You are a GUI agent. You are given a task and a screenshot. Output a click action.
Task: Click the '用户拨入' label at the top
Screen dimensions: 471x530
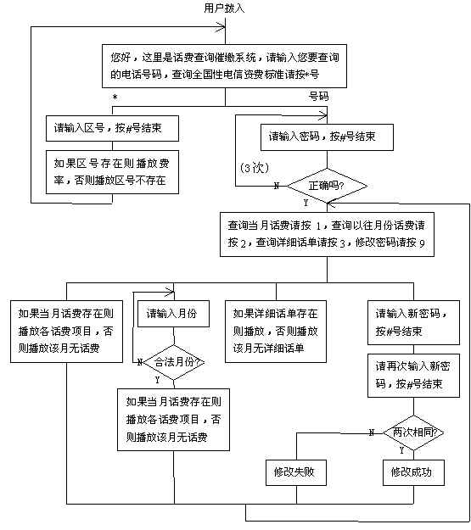[x=224, y=8]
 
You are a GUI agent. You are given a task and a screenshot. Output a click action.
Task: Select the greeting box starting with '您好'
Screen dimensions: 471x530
[x=224, y=66]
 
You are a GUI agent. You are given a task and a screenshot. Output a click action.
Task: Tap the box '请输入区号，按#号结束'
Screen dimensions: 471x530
[x=112, y=128]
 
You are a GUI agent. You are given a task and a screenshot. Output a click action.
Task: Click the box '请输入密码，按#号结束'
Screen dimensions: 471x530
[x=327, y=137]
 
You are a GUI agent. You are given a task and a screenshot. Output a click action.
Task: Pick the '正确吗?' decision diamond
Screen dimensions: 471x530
[x=327, y=186]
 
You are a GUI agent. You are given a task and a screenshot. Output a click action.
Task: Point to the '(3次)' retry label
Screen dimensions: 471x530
[x=255, y=168]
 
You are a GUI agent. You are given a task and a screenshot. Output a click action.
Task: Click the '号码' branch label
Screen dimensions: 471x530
[x=318, y=97]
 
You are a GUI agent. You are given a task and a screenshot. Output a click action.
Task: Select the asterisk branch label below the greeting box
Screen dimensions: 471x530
[x=115, y=98]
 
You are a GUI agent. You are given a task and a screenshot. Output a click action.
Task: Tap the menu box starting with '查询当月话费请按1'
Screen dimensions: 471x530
[x=327, y=234]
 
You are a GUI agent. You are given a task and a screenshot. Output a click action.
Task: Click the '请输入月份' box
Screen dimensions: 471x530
[x=173, y=314]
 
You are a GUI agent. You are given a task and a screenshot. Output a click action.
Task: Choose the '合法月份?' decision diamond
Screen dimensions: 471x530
[x=174, y=362]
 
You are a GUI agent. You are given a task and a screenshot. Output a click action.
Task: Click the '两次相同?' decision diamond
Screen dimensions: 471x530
[x=413, y=432]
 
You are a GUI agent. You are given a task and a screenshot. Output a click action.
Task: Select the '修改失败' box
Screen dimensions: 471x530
[x=296, y=472]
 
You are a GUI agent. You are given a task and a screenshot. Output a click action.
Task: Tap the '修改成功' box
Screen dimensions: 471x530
[x=413, y=472]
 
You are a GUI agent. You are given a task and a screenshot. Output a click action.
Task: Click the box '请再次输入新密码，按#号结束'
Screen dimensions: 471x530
[x=413, y=376]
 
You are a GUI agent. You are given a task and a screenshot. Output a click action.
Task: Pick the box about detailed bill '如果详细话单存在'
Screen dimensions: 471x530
[x=276, y=332]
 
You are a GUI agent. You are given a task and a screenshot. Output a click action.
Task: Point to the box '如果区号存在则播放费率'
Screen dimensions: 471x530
[x=112, y=172]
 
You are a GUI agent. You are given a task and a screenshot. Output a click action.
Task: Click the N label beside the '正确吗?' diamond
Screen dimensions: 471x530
[x=277, y=186]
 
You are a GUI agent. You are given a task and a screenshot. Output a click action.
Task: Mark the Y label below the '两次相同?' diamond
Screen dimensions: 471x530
[x=401, y=450]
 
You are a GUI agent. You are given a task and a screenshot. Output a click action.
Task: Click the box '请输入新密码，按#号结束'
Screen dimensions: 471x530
[x=413, y=322]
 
